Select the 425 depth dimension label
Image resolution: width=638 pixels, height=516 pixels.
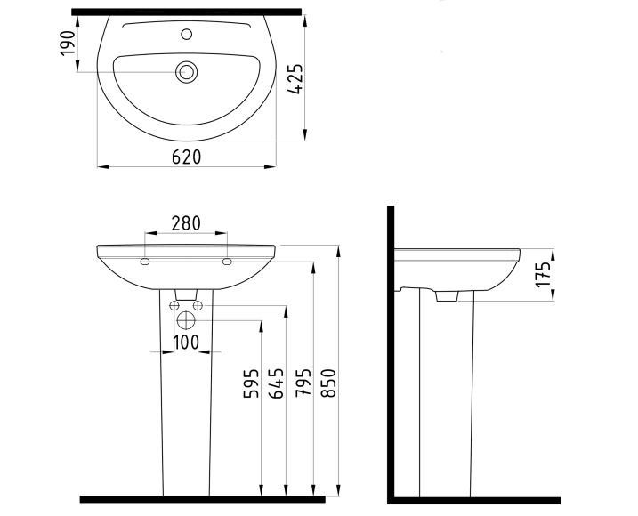(x=297, y=79)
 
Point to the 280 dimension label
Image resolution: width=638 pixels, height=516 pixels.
(x=185, y=222)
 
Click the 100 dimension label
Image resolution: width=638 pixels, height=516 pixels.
(x=186, y=343)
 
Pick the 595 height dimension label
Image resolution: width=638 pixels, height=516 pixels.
(x=252, y=383)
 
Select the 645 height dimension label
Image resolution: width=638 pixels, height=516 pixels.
(x=276, y=383)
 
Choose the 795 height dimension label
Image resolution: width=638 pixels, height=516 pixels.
(x=303, y=383)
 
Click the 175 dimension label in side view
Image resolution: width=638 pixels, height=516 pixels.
(x=544, y=272)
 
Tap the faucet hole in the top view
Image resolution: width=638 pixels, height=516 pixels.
(x=186, y=36)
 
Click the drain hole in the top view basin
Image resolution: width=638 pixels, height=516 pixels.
(x=186, y=71)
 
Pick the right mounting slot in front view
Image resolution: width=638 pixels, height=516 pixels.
(x=226, y=262)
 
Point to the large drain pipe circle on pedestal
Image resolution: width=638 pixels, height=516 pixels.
(x=186, y=321)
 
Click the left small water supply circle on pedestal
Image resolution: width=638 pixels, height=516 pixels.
(x=174, y=306)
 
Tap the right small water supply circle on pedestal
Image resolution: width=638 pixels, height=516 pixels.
(x=198, y=306)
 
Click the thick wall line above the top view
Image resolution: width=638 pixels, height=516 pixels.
(x=186, y=12)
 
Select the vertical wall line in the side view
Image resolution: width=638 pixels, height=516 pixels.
(x=391, y=356)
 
